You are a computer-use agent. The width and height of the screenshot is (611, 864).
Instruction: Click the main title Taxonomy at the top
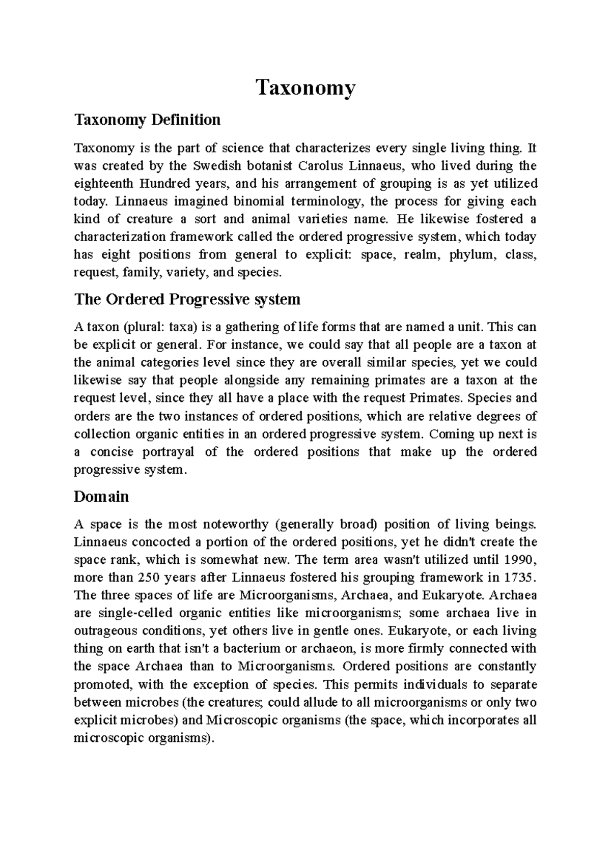[x=305, y=88]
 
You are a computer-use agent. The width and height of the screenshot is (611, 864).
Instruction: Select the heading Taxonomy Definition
[x=147, y=120]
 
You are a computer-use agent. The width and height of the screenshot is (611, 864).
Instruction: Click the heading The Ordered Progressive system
[x=187, y=299]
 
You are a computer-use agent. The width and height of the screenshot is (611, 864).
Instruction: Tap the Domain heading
[x=101, y=497]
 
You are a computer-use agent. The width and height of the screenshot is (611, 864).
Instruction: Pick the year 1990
[x=519, y=560]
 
